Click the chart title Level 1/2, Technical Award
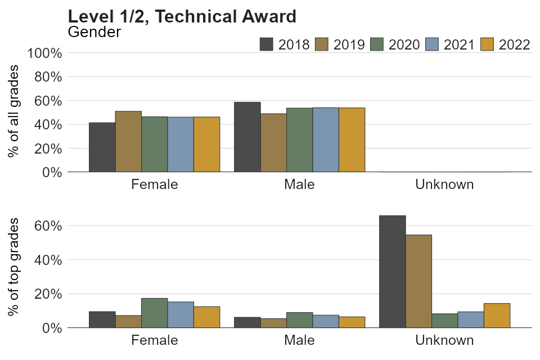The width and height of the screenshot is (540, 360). click(x=182, y=16)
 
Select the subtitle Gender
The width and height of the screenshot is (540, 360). click(x=94, y=32)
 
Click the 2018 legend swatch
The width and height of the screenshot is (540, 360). click(x=267, y=44)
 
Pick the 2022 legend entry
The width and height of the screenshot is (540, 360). click(x=506, y=44)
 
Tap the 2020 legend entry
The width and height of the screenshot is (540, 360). click(x=395, y=44)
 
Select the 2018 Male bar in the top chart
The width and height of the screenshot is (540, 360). click(x=247, y=137)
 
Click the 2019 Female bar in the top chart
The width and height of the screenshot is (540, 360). click(x=128, y=141)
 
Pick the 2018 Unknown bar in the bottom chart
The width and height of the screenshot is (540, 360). click(x=392, y=271)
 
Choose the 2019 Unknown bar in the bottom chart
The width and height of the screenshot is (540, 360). click(x=418, y=281)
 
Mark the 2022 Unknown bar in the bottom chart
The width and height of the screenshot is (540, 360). click(x=497, y=316)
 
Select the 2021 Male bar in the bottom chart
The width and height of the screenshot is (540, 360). click(x=326, y=321)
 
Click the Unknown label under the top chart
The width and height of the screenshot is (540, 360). click(x=444, y=184)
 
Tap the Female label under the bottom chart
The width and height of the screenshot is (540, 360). click(x=155, y=340)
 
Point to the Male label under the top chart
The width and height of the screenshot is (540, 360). click(x=299, y=184)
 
